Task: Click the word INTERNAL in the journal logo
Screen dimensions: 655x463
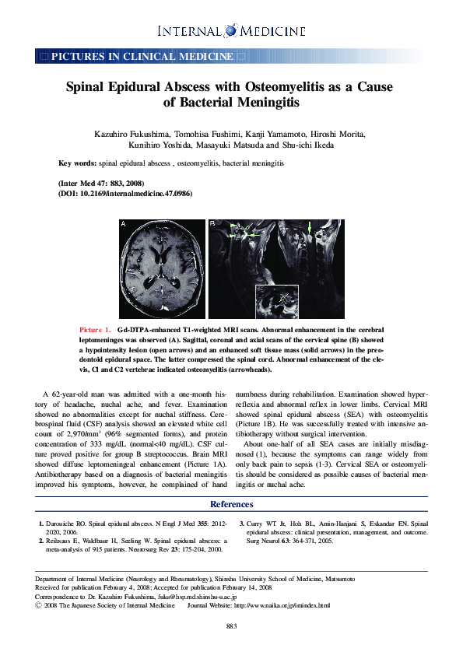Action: pyautogui.click(x=189, y=31)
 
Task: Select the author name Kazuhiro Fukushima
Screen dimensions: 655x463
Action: pyautogui.click(x=132, y=135)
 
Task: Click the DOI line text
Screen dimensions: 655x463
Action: pyautogui.click(x=125, y=192)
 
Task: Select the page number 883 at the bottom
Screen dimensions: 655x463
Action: pyautogui.click(x=231, y=626)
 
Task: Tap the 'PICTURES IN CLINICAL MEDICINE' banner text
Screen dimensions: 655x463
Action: pyautogui.click(x=142, y=57)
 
